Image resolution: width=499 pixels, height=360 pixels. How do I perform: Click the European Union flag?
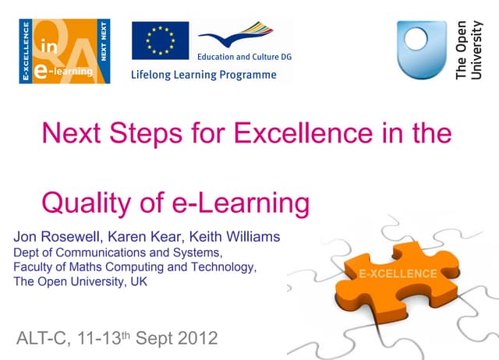tap(160, 41)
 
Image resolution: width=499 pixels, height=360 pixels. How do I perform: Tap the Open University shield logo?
tap(421, 48)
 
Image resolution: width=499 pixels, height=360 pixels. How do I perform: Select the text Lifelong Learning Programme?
tap(203, 75)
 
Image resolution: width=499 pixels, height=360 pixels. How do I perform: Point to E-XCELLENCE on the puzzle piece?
tap(398, 274)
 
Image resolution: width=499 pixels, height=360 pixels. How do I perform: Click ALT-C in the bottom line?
tap(43, 339)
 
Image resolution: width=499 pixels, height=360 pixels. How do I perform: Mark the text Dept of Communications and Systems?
tap(118, 252)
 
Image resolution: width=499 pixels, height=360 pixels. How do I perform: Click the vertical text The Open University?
tap(469, 49)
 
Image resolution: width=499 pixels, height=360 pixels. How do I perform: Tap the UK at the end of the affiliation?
tap(136, 281)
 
